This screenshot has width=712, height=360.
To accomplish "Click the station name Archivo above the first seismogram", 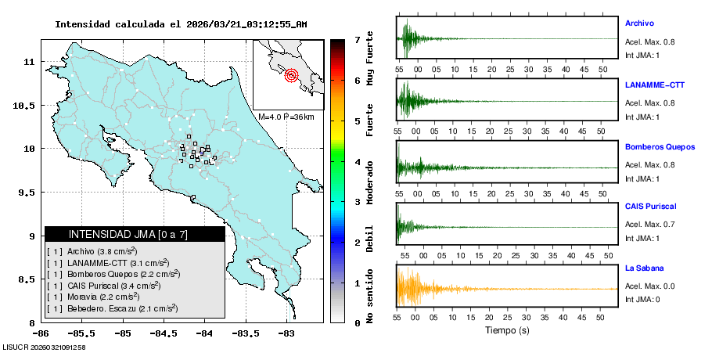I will pos(641,23).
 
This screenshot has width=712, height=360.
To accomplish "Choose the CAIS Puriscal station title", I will pos(650,207).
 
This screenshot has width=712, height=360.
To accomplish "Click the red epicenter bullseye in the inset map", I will pos(292,76).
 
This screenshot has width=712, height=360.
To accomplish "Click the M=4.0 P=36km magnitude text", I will pos(286,117).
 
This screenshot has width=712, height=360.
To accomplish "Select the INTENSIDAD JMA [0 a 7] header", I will pos(135,234).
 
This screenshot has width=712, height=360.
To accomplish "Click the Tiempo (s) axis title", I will pos(507,330).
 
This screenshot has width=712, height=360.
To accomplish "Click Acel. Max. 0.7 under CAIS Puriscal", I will pos(649,225).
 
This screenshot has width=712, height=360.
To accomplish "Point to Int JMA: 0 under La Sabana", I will pos(642,300).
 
